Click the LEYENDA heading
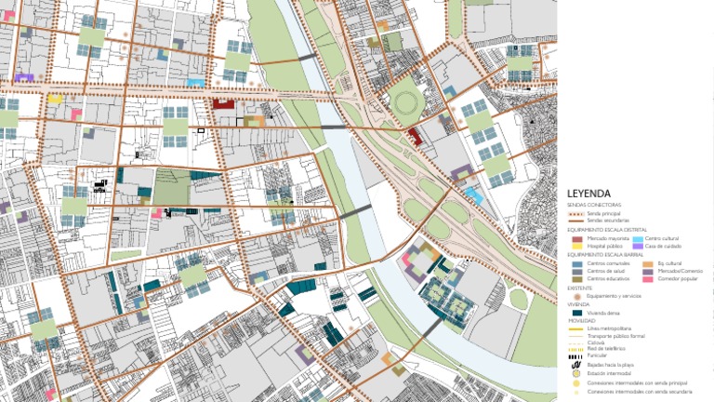tap(588, 194)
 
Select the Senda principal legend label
tap(602, 213)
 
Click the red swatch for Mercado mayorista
tap(577, 239)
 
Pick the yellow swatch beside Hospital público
tap(577, 247)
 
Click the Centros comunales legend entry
tap(608, 264)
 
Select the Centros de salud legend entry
tap(607, 272)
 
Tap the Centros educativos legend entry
tap(609, 279)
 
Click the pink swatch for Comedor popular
tap(648, 279)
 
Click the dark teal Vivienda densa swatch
tap(577, 314)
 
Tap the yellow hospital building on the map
tap(55, 98)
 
